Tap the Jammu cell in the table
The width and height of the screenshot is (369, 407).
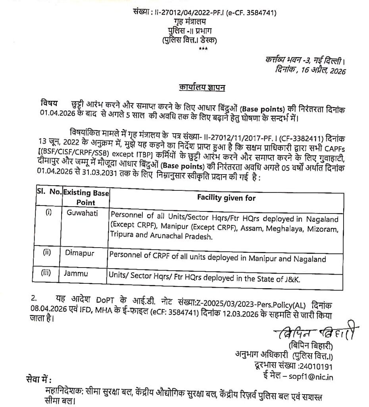click(x=76, y=274)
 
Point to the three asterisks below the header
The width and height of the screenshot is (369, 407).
click(x=203, y=48)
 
